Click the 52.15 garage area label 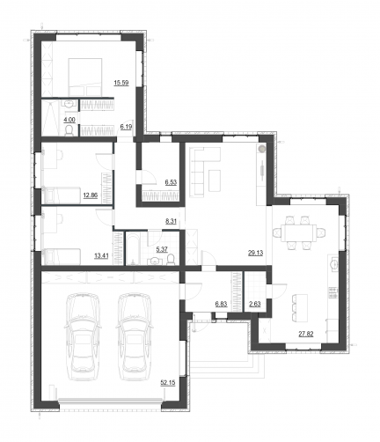[x=168, y=382]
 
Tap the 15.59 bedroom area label [x=121, y=83]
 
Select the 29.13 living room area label [x=256, y=253]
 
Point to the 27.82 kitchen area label [x=306, y=334]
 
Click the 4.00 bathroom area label [x=69, y=120]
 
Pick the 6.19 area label [x=126, y=127]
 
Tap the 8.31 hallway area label [x=171, y=221]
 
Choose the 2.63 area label [x=255, y=304]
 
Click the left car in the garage [x=83, y=336]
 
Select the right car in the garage [x=134, y=336]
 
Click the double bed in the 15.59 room [x=85, y=77]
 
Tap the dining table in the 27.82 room [x=299, y=232]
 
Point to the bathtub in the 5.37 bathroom [x=133, y=248]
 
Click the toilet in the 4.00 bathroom [x=69, y=130]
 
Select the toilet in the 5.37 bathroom [x=171, y=259]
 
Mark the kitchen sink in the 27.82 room [x=334, y=264]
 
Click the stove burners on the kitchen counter [x=332, y=293]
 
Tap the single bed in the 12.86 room [x=62, y=195]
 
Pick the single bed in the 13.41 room [x=62, y=256]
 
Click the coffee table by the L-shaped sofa [x=215, y=180]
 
